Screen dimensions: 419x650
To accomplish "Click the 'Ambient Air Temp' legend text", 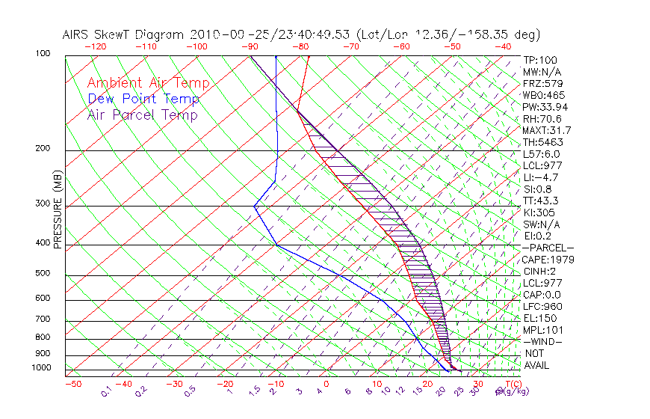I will pos(148,83).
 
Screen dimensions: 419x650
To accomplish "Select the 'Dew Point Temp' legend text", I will pos(143,99).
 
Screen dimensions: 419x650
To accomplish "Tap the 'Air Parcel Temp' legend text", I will pos(142,114).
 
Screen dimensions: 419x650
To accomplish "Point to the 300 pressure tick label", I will pos(43,204).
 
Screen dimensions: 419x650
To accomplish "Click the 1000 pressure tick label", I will pos(40,367).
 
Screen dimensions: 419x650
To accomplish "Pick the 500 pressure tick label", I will pos(43,273).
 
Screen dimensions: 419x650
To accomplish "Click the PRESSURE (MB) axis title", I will pos(58,210).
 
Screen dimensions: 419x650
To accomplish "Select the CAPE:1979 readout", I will pos(546,260).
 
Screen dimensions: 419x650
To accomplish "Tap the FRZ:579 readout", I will pos(542,84).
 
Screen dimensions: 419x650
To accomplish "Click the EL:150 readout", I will pos(539,318).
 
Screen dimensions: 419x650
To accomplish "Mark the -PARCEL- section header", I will pos(548,248).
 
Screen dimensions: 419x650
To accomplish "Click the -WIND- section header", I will pos(542,341).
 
